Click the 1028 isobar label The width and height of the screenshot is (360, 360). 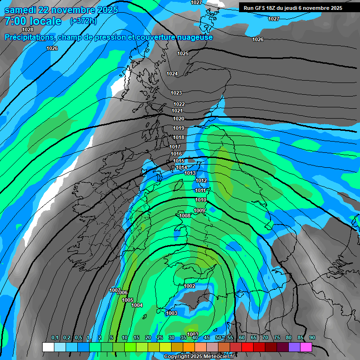tap(28, 30)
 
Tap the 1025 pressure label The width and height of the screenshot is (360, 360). tap(183, 53)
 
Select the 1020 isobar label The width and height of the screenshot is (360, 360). tap(178, 119)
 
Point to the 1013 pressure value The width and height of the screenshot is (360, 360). tap(190, 173)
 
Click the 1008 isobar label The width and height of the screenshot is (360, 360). tap(185, 216)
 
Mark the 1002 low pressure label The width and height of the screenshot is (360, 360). tap(189, 286)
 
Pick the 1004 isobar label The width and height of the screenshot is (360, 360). tap(137, 306)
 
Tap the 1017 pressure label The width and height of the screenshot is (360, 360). tap(175, 147)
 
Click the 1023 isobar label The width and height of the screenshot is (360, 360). tap(176, 93)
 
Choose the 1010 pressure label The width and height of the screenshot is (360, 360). tap(200, 200)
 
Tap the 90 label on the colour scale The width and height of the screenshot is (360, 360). tap(312, 338)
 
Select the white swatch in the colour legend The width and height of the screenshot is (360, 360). tap(48, 347)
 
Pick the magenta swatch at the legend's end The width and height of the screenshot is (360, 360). tap(306, 347)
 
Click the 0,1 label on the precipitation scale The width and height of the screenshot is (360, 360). tap(55, 338)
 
